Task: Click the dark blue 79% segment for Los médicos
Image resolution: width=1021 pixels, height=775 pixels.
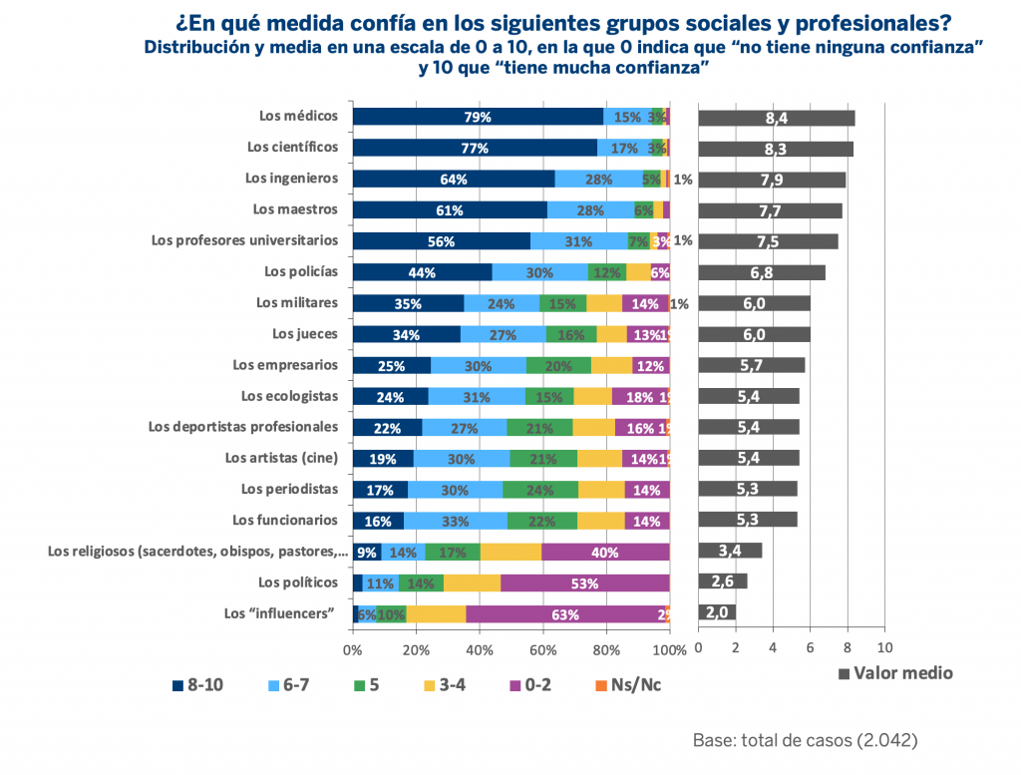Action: [478, 117]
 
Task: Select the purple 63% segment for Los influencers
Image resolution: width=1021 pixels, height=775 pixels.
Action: [565, 613]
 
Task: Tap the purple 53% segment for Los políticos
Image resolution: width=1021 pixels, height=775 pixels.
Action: [585, 582]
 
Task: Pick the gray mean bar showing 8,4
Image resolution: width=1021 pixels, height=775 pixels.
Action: [777, 118]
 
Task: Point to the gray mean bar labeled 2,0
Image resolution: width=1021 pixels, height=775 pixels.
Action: [717, 613]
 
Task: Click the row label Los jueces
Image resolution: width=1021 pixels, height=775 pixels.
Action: [304, 334]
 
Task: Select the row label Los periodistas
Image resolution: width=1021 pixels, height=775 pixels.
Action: [289, 489]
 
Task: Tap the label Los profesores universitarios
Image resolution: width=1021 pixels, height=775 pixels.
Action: [244, 240]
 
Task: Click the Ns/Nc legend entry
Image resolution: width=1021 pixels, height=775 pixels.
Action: [628, 685]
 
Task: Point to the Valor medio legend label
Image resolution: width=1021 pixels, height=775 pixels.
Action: [902, 673]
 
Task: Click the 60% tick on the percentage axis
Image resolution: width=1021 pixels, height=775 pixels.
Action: [542, 650]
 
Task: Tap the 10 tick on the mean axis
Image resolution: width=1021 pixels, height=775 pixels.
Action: [882, 648]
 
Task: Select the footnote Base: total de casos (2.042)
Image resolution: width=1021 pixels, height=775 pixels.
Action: [805, 741]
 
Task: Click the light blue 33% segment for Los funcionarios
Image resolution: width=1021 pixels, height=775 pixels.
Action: [456, 521]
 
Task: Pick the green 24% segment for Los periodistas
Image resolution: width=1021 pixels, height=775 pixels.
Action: [540, 490]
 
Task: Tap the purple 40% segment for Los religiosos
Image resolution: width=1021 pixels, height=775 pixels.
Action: [605, 552]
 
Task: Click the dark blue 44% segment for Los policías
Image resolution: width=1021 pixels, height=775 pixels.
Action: [422, 272]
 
